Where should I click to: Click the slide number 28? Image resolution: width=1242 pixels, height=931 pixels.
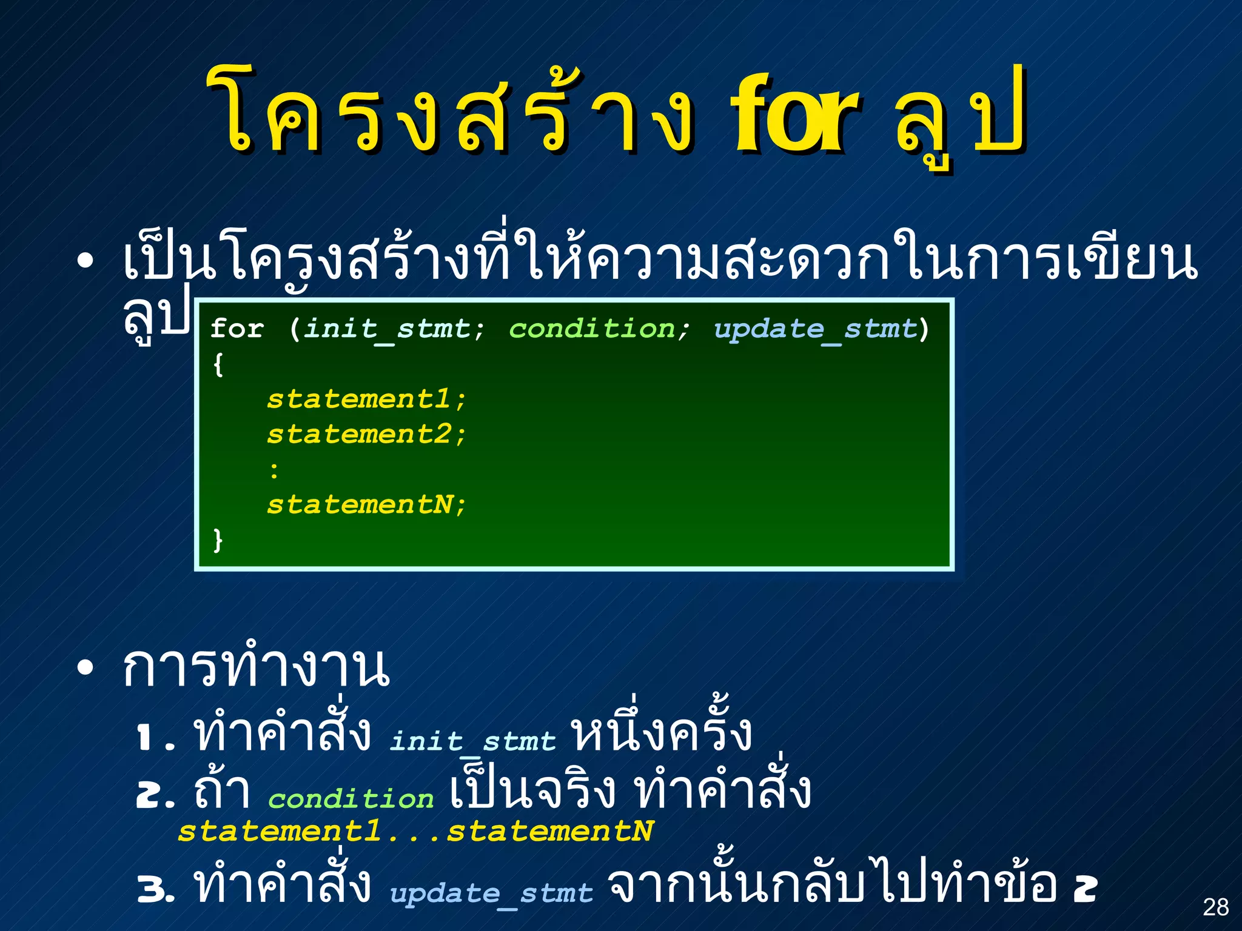tap(1215, 907)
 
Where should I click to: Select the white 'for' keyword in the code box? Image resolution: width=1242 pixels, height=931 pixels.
tap(237, 329)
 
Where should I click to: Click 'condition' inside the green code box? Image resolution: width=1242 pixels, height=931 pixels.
tap(592, 329)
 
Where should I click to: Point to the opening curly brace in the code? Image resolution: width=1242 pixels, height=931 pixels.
tap(218, 364)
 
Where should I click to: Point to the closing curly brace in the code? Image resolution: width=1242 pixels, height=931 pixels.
tap(218, 539)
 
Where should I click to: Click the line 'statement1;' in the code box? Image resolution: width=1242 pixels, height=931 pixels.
tap(366, 399)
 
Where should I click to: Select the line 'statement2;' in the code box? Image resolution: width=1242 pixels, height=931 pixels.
tap(366, 435)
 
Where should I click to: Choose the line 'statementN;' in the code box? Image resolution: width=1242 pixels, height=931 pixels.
tap(366, 505)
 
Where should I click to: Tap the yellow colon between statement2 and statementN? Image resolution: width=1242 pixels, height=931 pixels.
tap(275, 470)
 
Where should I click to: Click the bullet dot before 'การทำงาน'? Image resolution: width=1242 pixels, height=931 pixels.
tap(86, 668)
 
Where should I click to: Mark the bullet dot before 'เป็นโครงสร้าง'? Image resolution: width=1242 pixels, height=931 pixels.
tap(86, 261)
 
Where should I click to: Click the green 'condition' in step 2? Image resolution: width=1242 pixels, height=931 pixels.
tap(351, 799)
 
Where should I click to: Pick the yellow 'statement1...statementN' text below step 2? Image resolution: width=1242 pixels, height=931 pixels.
tap(416, 831)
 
